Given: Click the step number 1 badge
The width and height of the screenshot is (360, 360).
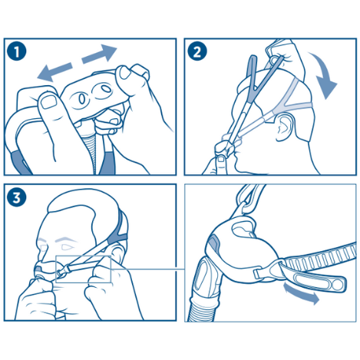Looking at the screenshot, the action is tap(17, 51).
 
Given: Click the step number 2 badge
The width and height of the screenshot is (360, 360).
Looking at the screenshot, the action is tap(197, 51).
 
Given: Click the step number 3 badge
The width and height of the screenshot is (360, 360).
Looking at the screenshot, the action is tap(17, 197).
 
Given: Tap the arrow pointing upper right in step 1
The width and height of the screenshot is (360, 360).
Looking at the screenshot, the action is tap(99, 54).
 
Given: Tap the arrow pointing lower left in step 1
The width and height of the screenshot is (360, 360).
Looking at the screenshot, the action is tap(54, 71).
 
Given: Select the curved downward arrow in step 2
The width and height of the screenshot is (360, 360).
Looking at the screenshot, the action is tap(325, 75).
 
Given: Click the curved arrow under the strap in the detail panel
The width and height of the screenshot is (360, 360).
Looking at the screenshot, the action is tap(302, 294).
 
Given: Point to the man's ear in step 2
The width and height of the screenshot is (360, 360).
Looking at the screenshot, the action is tap(285, 126).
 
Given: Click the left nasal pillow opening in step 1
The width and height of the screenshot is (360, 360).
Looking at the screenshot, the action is tap(82, 98).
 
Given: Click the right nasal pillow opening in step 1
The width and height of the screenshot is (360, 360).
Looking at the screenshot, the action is tap(105, 89).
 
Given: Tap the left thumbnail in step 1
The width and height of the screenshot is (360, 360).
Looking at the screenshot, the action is tap(49, 101).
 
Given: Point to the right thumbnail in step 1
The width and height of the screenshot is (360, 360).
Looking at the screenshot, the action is tap(126, 72).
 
